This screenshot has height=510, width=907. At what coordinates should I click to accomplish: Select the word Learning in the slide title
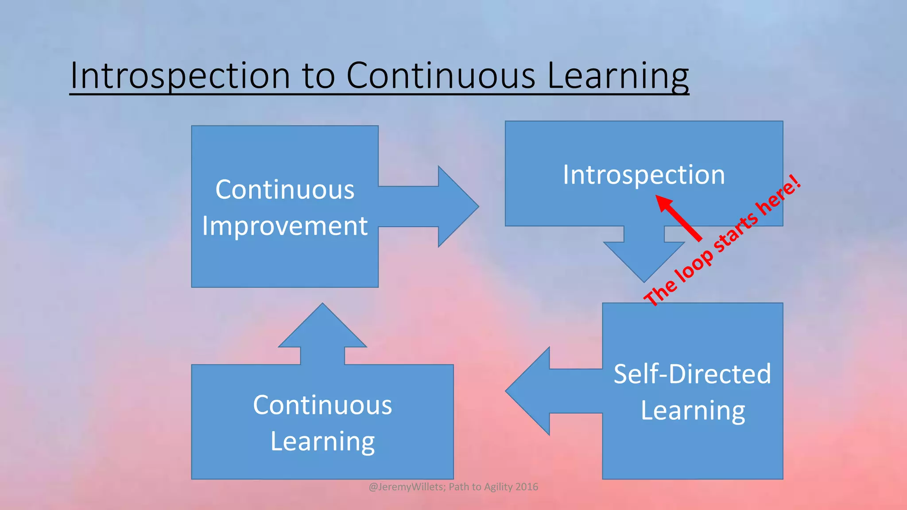tap(618, 76)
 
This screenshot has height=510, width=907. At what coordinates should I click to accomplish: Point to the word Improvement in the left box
tap(285, 226)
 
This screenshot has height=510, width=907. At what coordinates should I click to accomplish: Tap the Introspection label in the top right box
tap(644, 174)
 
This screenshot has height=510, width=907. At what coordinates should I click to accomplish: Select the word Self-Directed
tap(692, 374)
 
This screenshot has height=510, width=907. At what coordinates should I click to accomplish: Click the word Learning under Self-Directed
tap(693, 410)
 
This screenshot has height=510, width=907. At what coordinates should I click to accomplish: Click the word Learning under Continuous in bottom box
tap(322, 441)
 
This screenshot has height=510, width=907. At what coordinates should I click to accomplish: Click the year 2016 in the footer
tap(527, 487)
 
